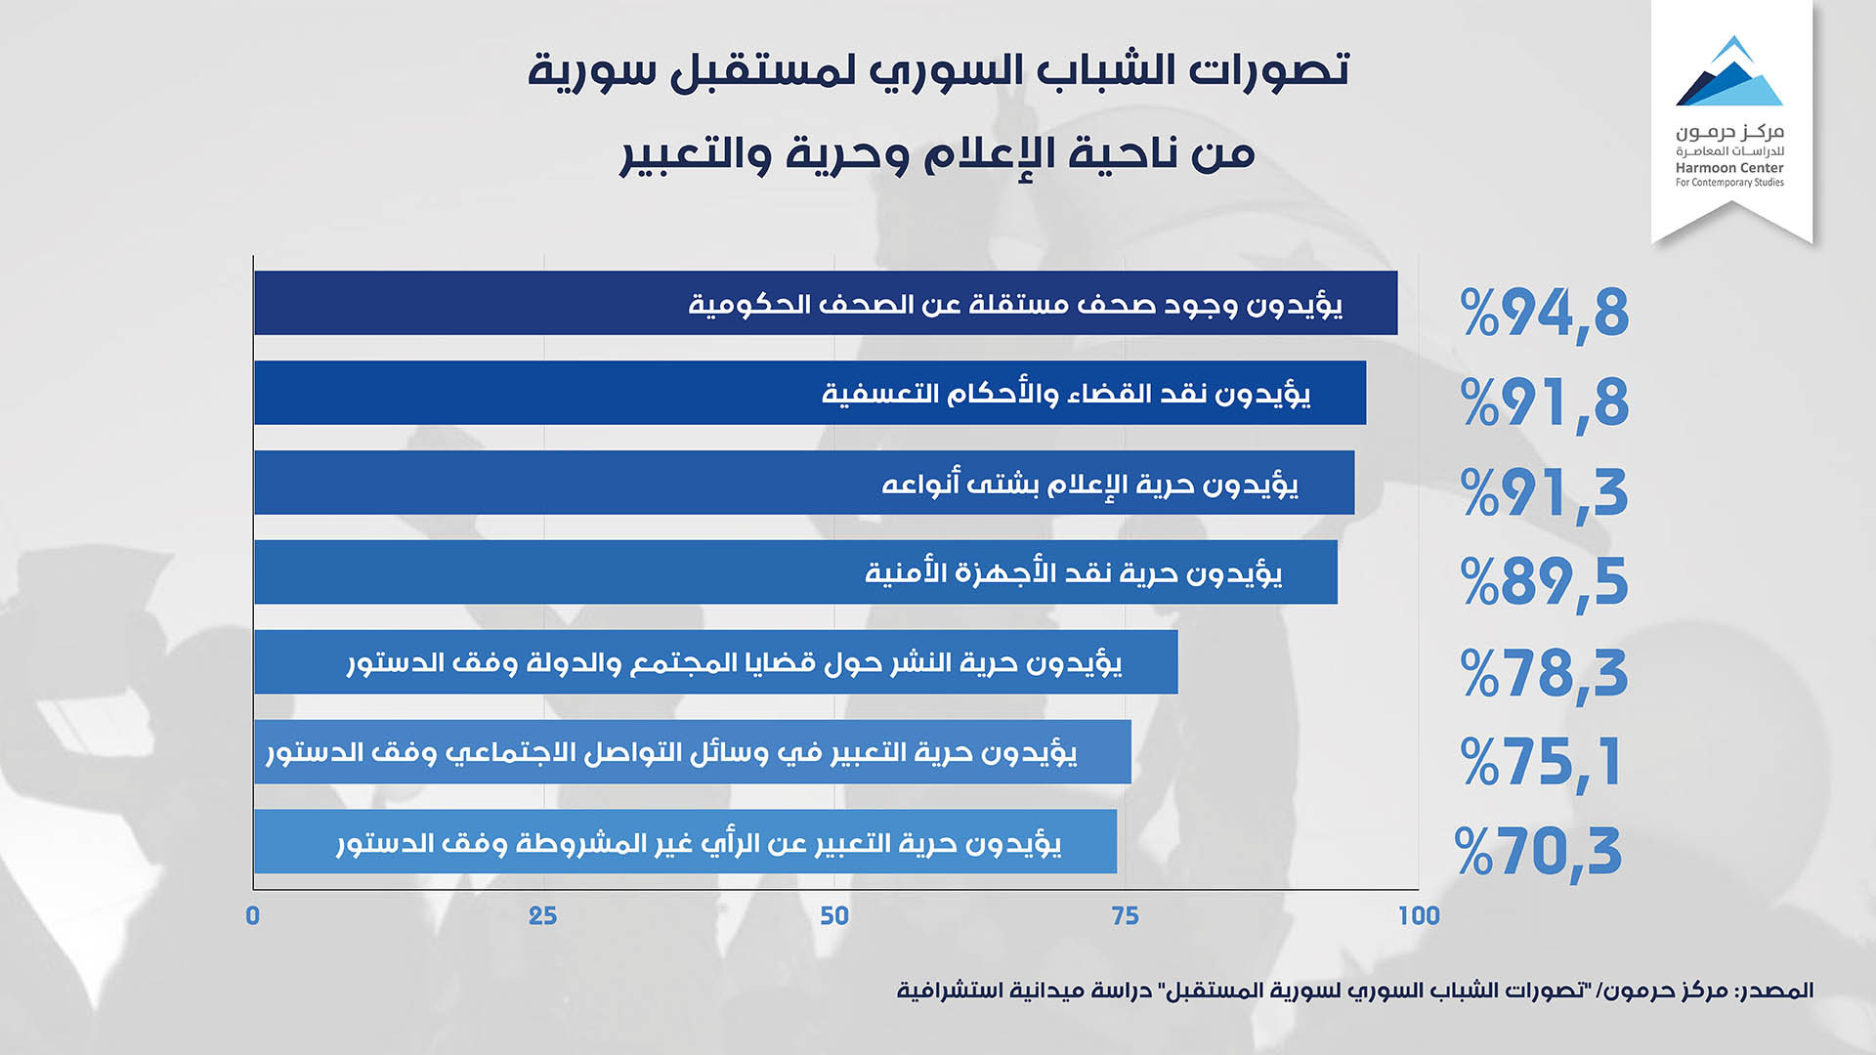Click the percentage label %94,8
pyautogui.click(x=1545, y=313)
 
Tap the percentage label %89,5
pyautogui.click(x=1545, y=582)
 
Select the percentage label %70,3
pyautogui.click(x=1539, y=852)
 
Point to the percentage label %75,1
pyautogui.click(x=1541, y=762)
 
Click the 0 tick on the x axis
pyautogui.click(x=253, y=915)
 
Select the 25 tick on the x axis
pyautogui.click(x=543, y=915)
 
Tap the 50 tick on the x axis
pyautogui.click(x=834, y=915)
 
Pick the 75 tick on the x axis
pyautogui.click(x=1125, y=915)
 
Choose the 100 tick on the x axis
pyautogui.click(x=1419, y=915)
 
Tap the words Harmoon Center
pyautogui.click(x=1729, y=168)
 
